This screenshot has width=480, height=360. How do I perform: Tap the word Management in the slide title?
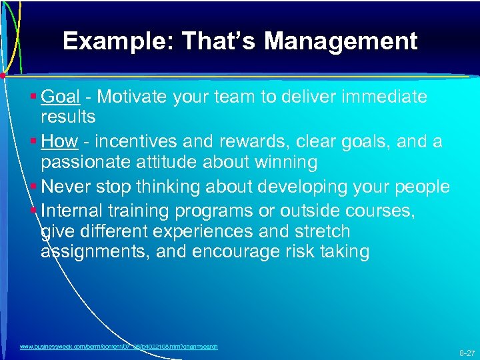coord(341,41)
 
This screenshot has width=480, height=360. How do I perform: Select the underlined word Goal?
coord(61,97)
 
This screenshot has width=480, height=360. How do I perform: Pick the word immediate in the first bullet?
coord(377,97)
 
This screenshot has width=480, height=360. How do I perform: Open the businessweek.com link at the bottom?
coord(119,347)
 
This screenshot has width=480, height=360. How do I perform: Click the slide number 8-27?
coord(467,353)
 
